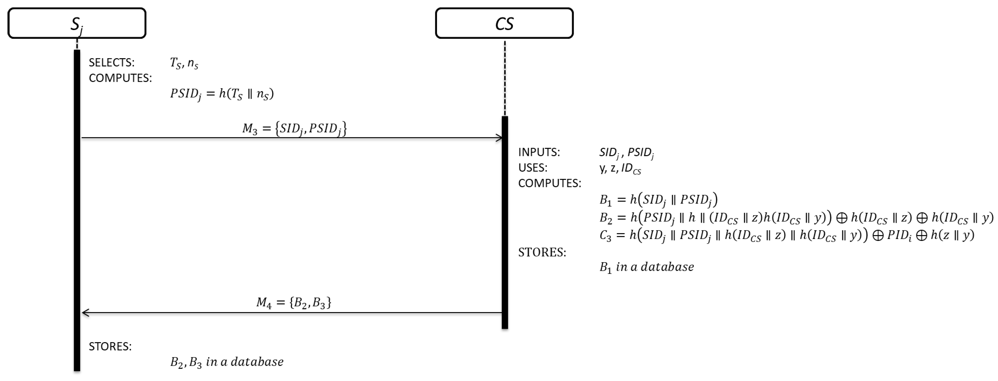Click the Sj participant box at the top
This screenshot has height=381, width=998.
pos(77,23)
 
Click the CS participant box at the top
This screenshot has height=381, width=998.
pos(504,23)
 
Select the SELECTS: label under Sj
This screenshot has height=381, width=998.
pos(112,63)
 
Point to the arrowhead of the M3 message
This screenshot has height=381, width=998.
pos(499,138)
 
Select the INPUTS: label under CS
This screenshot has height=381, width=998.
pos(539,152)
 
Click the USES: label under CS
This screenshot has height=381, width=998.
pos(533,168)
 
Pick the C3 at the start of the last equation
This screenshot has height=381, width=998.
pos(605,235)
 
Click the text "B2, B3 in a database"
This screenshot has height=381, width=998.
pos(227,362)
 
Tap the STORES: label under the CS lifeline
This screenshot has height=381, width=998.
pos(542,252)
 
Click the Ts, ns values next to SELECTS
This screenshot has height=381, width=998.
pos(184,63)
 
